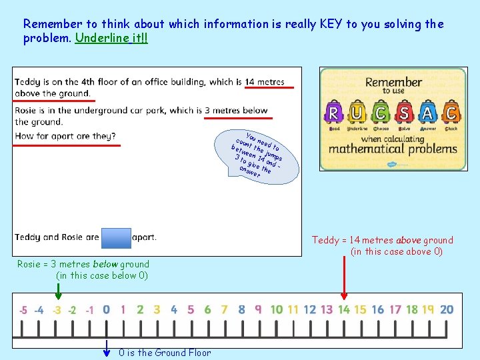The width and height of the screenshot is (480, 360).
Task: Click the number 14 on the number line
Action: tap(343, 309)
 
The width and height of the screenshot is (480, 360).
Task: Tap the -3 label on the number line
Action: tap(57, 310)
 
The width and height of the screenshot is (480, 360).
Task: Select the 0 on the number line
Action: tap(106, 309)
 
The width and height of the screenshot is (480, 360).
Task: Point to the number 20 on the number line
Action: tap(447, 309)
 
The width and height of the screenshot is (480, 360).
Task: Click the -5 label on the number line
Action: tap(23, 310)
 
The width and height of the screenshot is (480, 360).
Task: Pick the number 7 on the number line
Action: tap(224, 309)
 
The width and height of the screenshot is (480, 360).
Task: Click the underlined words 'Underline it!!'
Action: tap(112, 37)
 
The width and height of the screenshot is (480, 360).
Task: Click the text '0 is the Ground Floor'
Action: tap(165, 353)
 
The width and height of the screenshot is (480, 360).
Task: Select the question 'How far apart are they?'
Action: tap(65, 136)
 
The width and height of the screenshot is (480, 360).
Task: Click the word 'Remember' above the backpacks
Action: tap(393, 83)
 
